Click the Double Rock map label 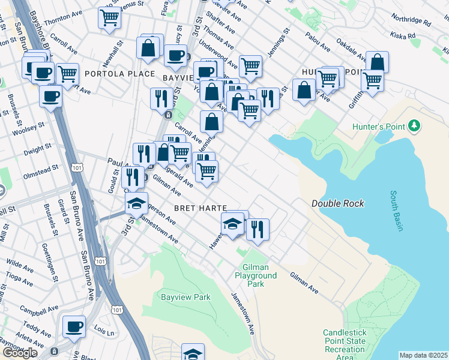(x=337, y=203)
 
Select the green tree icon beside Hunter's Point (x=413, y=125)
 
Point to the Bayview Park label (x=185, y=296)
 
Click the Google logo (x=20, y=352)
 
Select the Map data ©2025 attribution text (x=423, y=355)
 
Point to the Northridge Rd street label (x=411, y=21)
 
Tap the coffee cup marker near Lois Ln (x=74, y=326)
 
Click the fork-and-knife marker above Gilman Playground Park (x=258, y=229)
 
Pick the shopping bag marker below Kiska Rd (x=377, y=62)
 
